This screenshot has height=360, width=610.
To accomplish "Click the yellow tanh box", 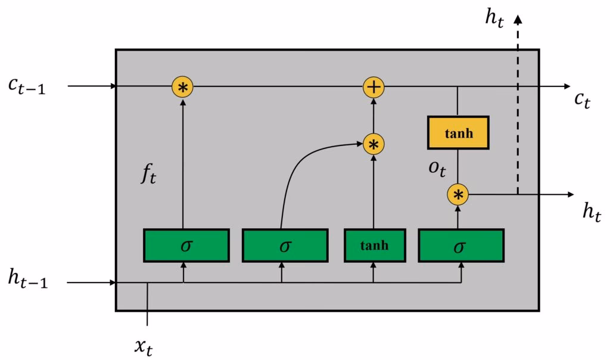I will pos(457,132).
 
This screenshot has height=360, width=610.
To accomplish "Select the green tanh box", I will pos(374,245).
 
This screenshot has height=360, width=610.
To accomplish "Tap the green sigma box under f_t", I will pos(186,245).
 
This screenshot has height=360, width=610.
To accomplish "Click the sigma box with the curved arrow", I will pos(284,245).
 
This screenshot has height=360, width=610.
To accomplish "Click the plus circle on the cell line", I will pos(374,88).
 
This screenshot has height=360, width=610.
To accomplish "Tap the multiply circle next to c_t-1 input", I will pos(183,88).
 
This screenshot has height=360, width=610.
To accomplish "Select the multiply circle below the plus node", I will pos(374,144).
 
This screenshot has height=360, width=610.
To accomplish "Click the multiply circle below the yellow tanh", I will pos(457,194).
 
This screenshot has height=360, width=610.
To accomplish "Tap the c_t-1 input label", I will pos(27,86).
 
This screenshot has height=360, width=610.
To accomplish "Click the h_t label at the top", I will pos(494,18).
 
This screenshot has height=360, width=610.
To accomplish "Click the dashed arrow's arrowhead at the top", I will pos(518,20).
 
